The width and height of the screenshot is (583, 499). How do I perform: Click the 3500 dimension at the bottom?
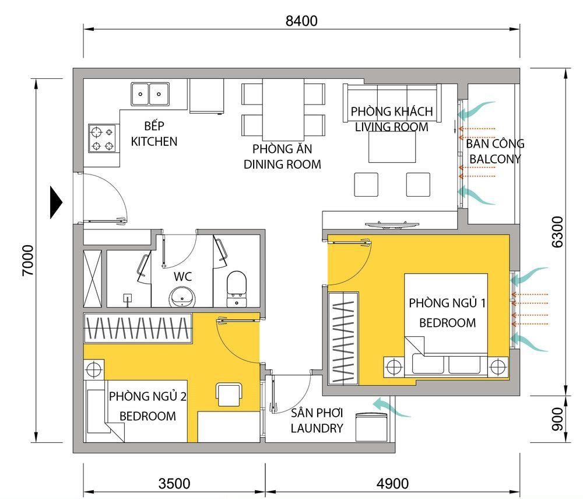point(174,484)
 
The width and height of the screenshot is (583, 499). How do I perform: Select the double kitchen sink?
point(150,93)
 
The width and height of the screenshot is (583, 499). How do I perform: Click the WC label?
point(183,275)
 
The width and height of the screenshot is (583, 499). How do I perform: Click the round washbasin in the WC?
point(182,296)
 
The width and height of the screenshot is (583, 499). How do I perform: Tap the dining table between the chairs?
point(283,108)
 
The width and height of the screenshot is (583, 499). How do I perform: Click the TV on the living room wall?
point(391,224)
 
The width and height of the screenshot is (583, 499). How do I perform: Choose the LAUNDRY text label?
point(317,428)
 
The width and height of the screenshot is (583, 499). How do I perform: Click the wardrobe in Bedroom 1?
point(343,339)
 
